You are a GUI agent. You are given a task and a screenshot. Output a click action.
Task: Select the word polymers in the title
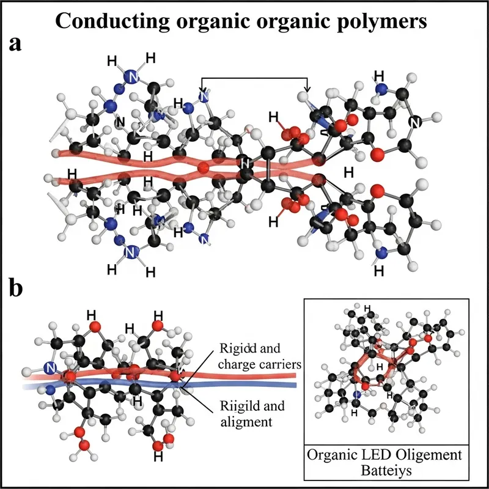(x=383, y=21)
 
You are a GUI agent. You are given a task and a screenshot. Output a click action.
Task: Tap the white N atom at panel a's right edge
(x=416, y=123)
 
